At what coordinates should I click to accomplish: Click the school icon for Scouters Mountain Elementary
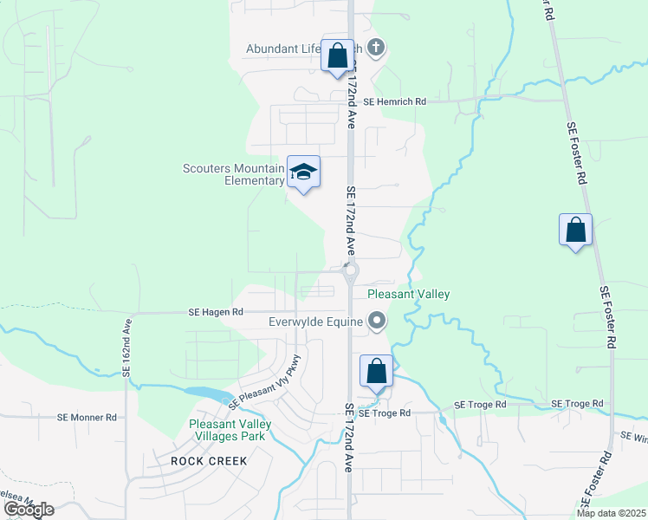coord(304,172)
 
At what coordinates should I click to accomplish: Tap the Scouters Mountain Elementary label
coord(234,174)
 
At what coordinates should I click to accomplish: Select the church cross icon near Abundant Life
coord(375,48)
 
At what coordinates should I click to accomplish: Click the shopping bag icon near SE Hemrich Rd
coord(337,57)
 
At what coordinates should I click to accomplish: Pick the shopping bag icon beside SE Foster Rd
coord(575,231)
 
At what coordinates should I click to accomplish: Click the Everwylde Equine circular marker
coord(377,322)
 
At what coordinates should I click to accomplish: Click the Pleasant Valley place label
coord(408,295)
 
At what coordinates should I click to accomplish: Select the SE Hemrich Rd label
coord(395,101)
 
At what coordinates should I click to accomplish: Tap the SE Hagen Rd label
coord(217,311)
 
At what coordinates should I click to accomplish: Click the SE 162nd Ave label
coord(126,347)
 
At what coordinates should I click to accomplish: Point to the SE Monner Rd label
coord(87,417)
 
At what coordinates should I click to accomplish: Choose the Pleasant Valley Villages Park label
coord(230,430)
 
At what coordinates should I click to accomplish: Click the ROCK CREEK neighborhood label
coord(209,461)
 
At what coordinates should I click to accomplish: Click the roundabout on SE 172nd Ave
coord(350,272)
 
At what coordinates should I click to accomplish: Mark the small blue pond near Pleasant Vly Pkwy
coord(204,393)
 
